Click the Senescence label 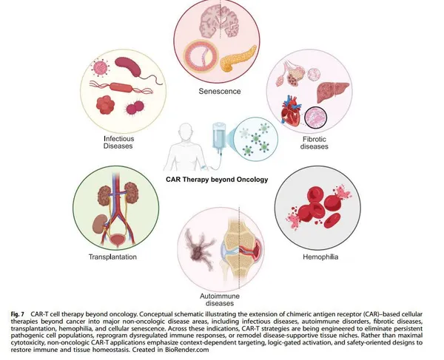pyautogui.click(x=220, y=92)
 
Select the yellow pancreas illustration pyautogui.click(x=238, y=59)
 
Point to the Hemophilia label pyautogui.click(x=320, y=257)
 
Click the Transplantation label pyautogui.click(x=112, y=257)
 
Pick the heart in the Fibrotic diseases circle pyautogui.click(x=291, y=111)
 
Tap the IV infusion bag pyautogui.click(x=220, y=136)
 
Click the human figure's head pyautogui.click(x=186, y=130)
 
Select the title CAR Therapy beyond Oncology pyautogui.click(x=217, y=180)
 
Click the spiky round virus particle pyautogui.click(x=100, y=67)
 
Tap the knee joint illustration pyautogui.click(x=241, y=249)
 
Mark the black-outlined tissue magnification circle pyautogui.click(x=315, y=118)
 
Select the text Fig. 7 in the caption pyautogui.click(x=18, y=314)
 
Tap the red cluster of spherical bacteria pyautogui.click(x=105, y=105)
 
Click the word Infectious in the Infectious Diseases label pyautogui.click(x=119, y=139)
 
